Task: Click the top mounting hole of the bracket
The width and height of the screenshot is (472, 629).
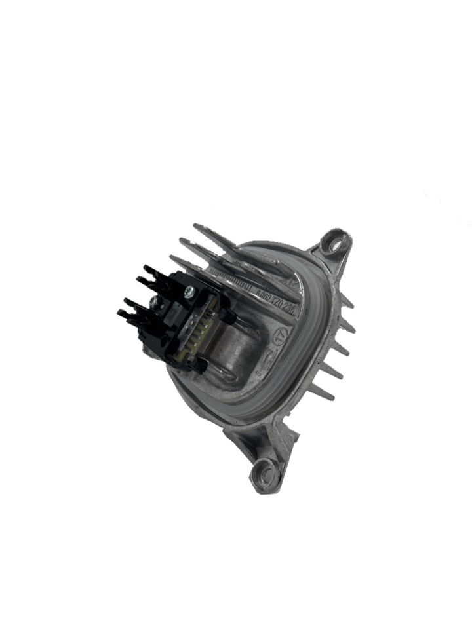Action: [x=339, y=245]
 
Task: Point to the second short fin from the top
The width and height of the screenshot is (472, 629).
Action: [x=346, y=326]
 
